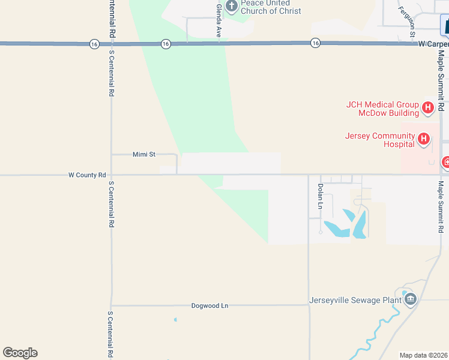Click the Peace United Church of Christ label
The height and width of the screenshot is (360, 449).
point(271,7)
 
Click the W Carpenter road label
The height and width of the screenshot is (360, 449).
point(433,44)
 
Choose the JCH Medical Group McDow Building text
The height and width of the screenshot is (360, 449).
point(382,109)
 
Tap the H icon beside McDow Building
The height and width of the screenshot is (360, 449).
point(428,108)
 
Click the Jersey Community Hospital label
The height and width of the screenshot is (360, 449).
point(380,140)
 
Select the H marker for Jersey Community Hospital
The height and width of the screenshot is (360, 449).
point(424,140)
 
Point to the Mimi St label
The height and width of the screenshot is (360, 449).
point(144,154)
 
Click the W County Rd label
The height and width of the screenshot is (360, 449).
point(87,175)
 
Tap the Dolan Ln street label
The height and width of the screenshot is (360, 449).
point(320,197)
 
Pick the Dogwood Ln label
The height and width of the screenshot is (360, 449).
point(209,305)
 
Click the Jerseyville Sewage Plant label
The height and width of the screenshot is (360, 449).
point(355,300)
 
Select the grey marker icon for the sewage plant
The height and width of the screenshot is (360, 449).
point(411,299)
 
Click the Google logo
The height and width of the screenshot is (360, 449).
point(20,353)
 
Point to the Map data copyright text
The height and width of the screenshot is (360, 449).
point(423,355)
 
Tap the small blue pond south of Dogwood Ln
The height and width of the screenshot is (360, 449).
point(175,320)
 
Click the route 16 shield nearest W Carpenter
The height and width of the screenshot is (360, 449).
point(315,43)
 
